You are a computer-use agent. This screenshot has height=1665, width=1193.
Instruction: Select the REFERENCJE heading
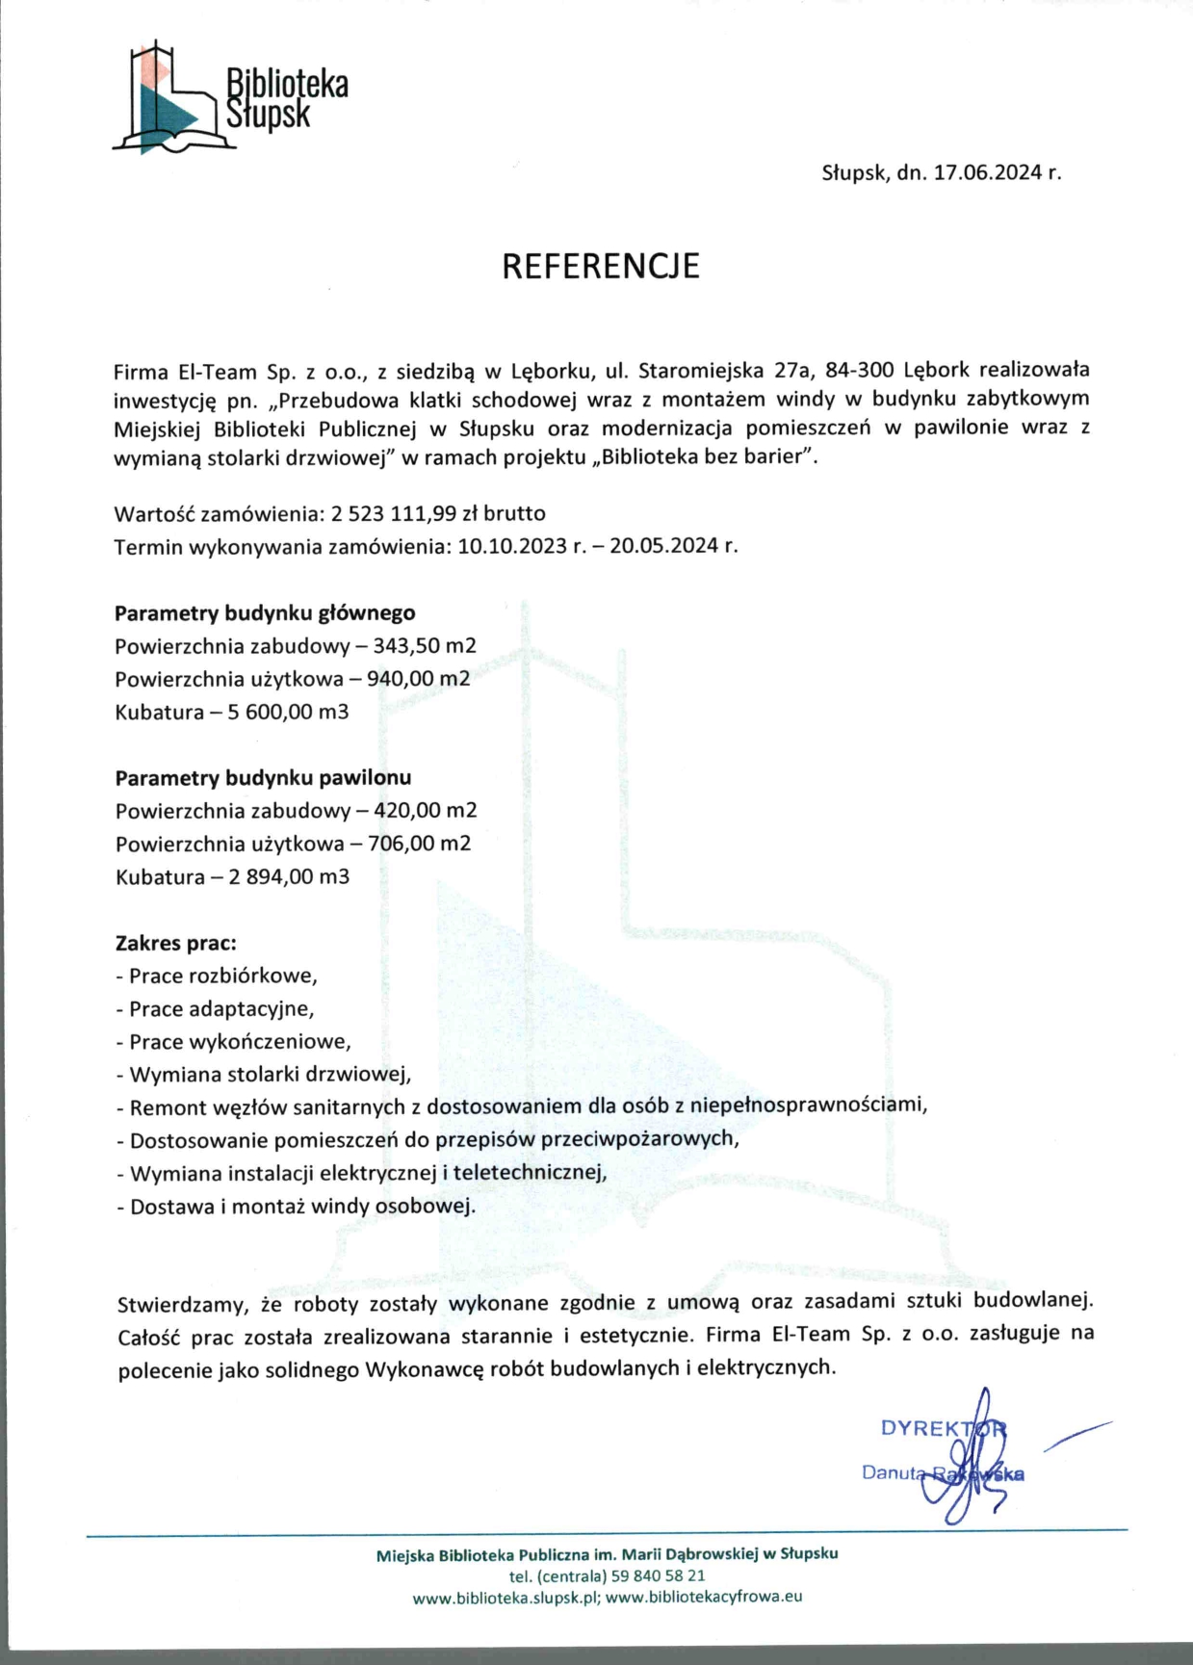pos(601,266)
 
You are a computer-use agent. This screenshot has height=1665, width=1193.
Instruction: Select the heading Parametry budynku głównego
pos(265,613)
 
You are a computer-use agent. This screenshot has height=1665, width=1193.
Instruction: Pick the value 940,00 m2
pos(418,679)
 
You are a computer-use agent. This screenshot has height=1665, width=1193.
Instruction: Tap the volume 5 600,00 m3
pos(288,713)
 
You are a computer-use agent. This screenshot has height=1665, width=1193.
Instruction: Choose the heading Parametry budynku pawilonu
pos(263,777)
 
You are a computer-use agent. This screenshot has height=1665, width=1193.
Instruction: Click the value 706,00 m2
pos(419,844)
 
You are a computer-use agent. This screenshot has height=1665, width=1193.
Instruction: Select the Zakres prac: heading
pos(175,943)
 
